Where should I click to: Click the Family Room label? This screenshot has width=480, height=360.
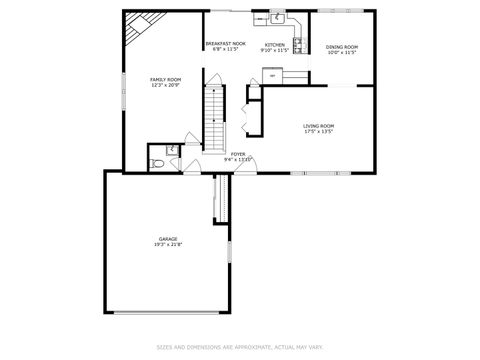[x=165, y=79]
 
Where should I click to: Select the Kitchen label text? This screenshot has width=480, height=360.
[x=274, y=45]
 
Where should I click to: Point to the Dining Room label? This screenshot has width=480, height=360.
[x=342, y=47]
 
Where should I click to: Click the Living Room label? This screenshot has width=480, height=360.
[x=318, y=125]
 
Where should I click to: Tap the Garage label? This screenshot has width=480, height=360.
[x=167, y=239]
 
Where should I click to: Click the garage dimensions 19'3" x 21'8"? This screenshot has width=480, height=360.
[x=167, y=245]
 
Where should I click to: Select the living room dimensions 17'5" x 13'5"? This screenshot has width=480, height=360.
[x=318, y=131]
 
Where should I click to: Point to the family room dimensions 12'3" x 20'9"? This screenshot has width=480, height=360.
[x=165, y=85]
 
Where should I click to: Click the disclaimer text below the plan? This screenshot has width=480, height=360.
[x=240, y=347]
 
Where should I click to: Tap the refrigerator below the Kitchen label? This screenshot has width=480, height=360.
[x=270, y=75]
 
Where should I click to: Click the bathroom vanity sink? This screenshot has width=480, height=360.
[x=172, y=150]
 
